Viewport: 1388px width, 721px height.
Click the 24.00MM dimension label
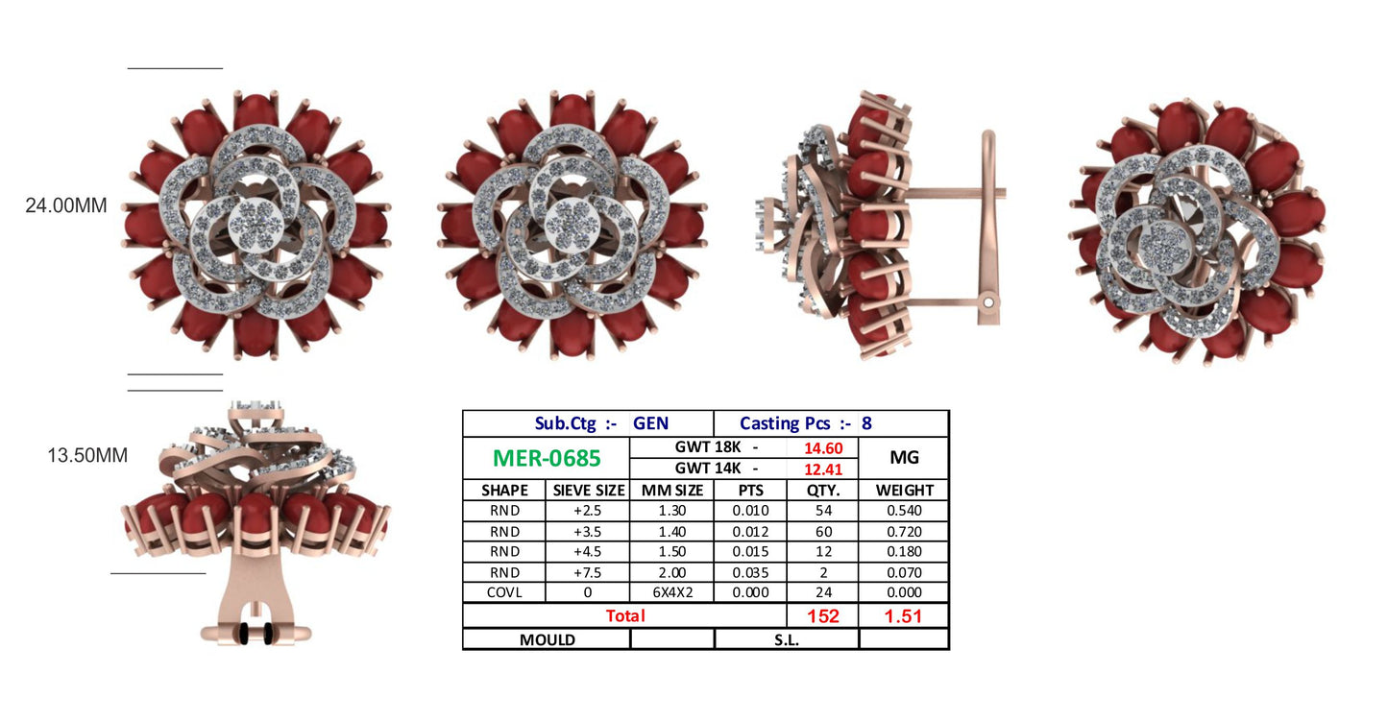click(x=65, y=205)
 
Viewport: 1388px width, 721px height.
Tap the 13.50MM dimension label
click(x=87, y=455)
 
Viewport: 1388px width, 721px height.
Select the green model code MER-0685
click(x=547, y=458)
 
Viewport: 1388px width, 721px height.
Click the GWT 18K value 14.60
click(x=823, y=448)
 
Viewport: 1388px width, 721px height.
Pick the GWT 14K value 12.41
click(x=823, y=469)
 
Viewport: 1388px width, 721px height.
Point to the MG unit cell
click(x=904, y=458)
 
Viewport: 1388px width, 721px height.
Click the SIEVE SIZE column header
click(x=589, y=491)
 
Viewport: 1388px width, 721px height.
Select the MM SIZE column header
click(x=672, y=491)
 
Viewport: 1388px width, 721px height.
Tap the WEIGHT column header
click(x=905, y=491)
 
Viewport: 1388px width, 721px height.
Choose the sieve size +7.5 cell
click(x=588, y=572)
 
